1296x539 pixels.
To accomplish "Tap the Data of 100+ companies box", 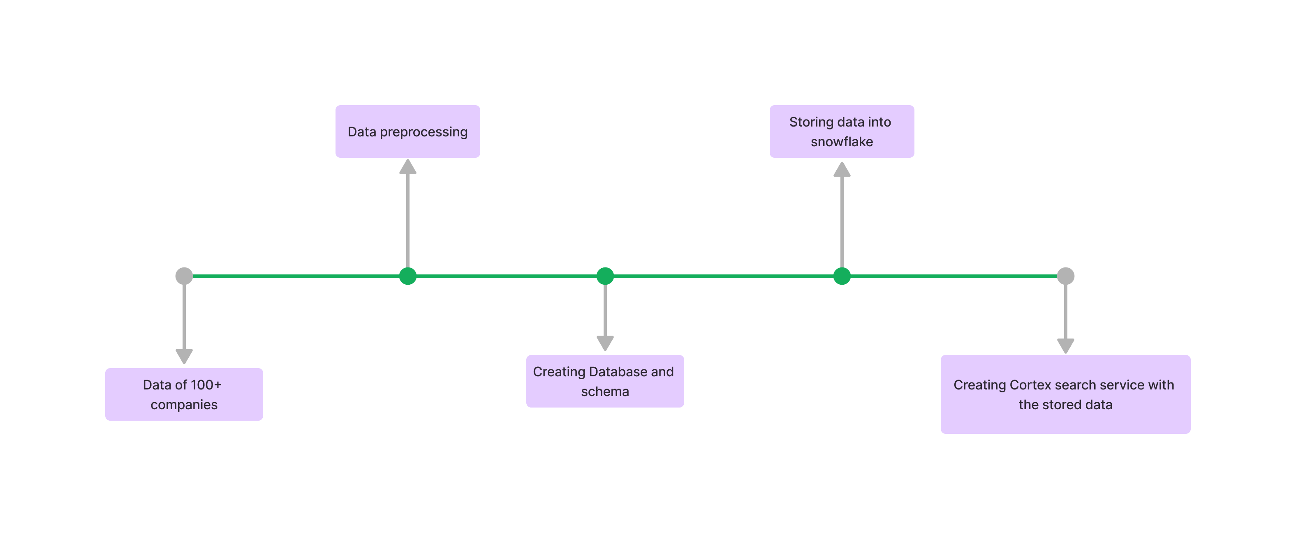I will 184,394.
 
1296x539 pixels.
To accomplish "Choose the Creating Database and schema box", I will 605,381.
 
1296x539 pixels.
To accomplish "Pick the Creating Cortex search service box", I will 1065,394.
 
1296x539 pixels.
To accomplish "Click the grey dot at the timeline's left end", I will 184,276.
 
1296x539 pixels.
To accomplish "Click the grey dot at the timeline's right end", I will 1066,276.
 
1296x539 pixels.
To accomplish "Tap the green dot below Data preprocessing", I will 407,276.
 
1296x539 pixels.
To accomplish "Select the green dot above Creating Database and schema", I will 605,276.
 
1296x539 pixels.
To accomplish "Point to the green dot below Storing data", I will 842,276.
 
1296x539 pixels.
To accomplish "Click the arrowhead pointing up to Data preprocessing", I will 407,168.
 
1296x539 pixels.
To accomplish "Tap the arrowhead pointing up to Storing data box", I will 842,170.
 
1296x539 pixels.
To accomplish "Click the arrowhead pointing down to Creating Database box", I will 605,343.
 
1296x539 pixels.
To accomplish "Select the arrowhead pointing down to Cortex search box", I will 1066,346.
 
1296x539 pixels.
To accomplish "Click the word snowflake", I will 842,142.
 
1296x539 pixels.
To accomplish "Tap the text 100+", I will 206,385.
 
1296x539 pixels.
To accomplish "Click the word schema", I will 605,392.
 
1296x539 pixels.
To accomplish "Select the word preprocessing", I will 424,132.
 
